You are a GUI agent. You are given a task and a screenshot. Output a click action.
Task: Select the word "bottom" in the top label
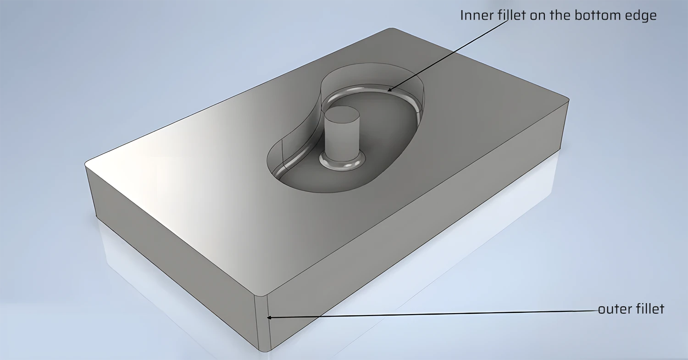(x=592, y=16)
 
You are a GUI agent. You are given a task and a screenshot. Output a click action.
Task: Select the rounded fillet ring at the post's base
(x=342, y=163)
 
